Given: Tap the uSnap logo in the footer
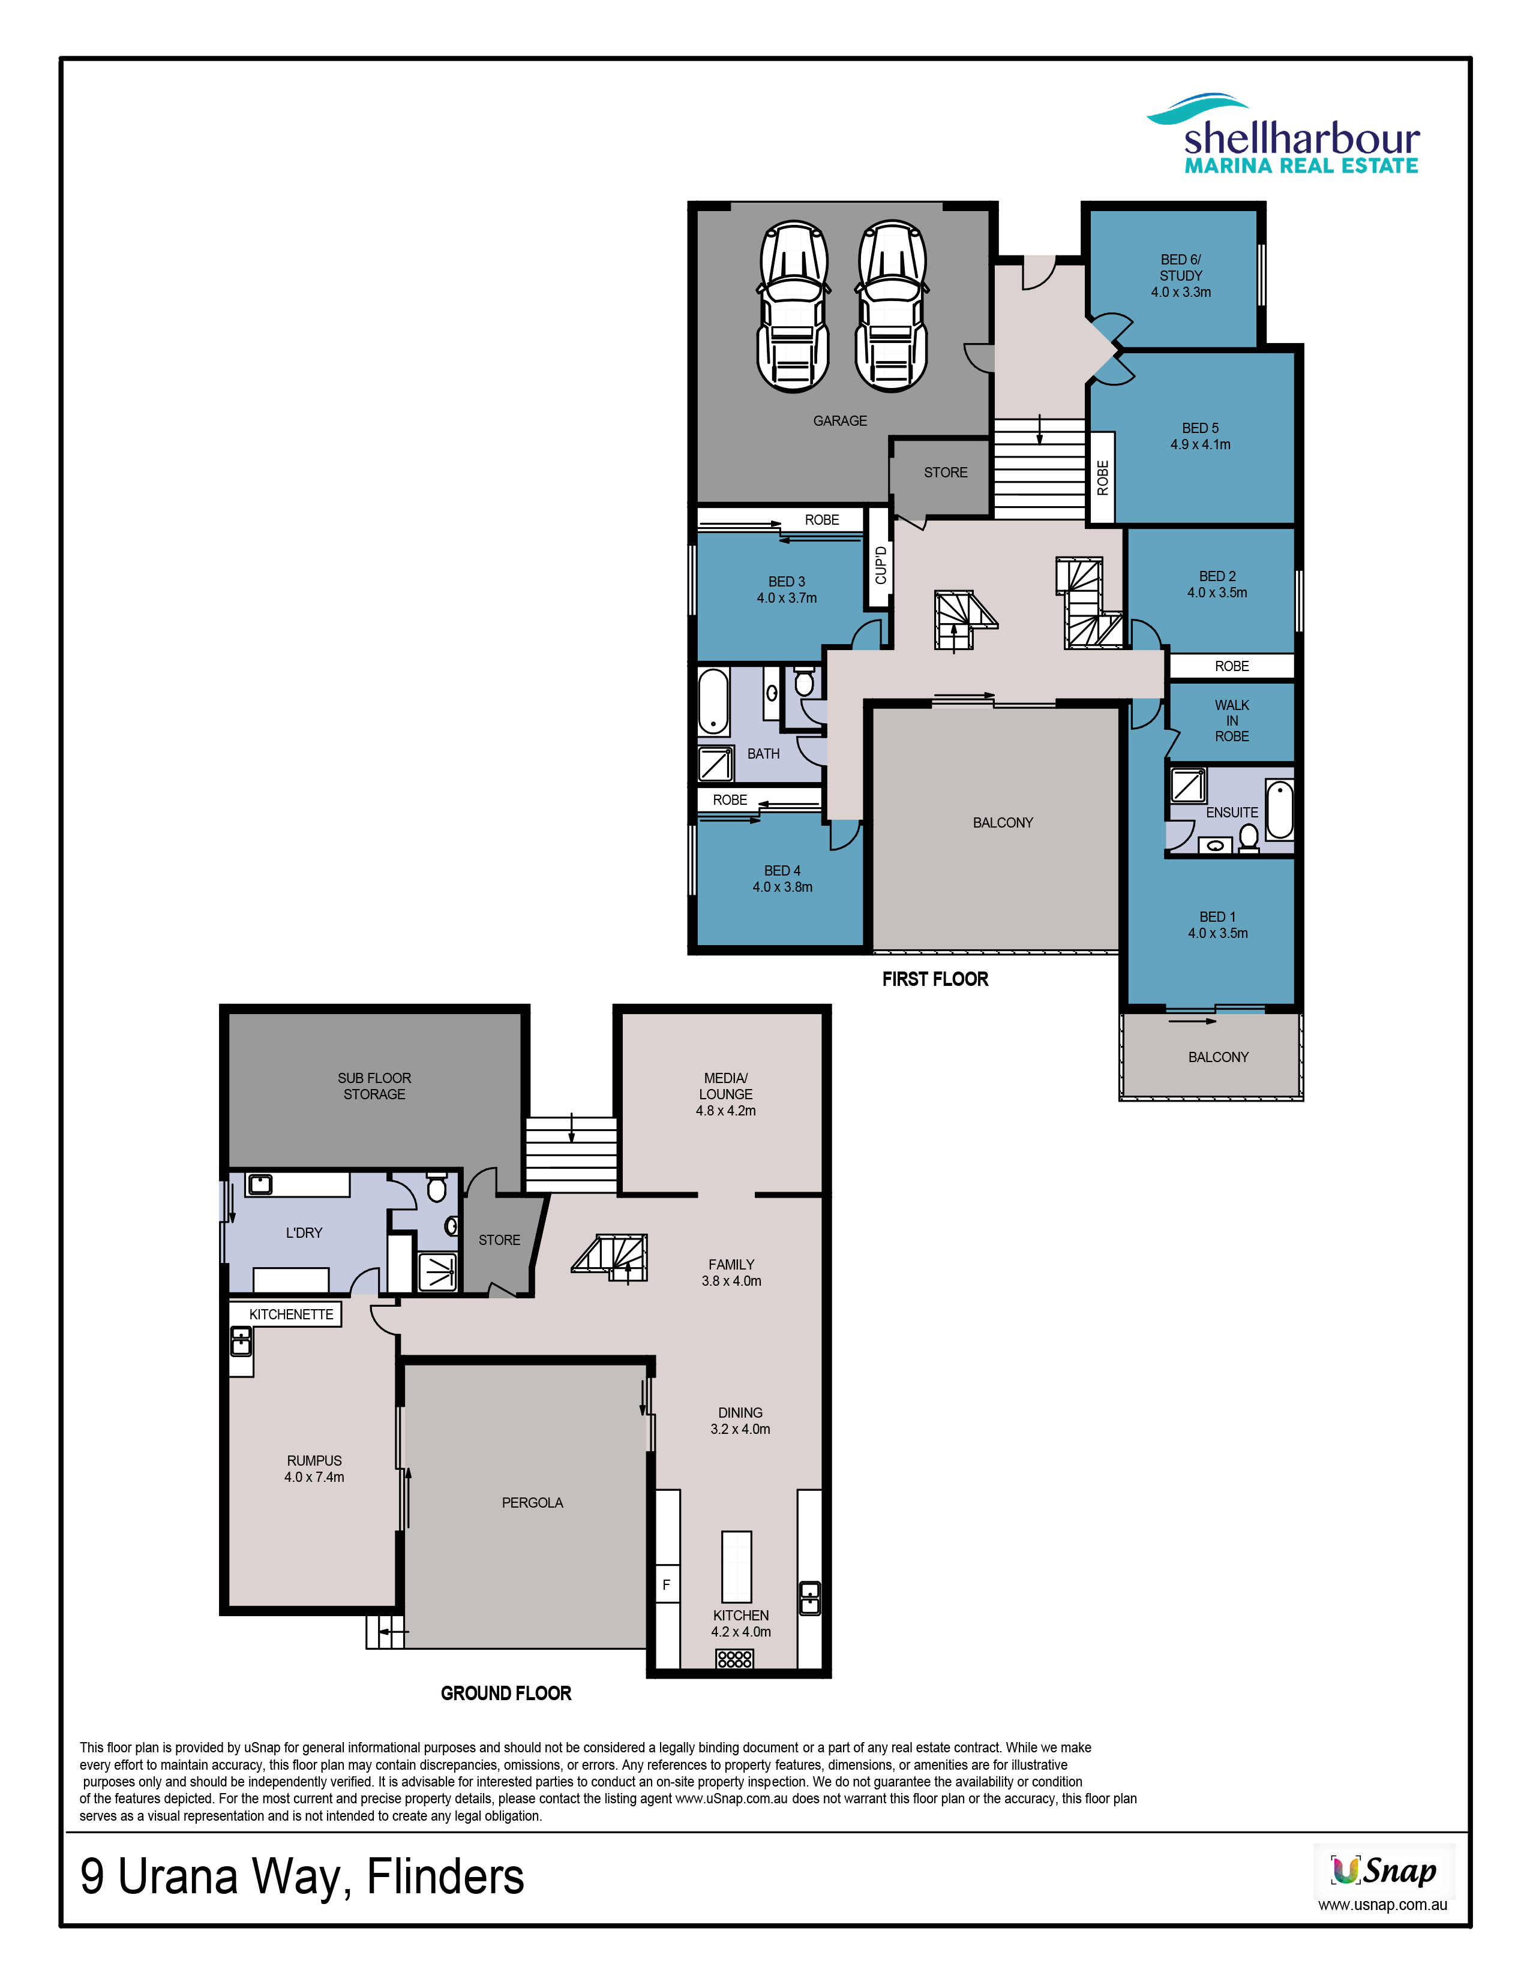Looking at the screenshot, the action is [x=1384, y=1870].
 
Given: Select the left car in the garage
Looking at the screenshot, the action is [x=793, y=306].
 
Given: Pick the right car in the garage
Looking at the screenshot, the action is [x=892, y=306].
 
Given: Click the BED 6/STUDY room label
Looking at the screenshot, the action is [x=1181, y=267].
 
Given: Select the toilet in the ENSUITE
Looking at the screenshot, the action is [x=1249, y=837].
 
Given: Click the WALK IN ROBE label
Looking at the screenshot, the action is [x=1232, y=720].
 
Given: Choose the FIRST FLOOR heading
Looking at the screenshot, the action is [x=935, y=979].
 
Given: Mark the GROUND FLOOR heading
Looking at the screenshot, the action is [x=506, y=1694].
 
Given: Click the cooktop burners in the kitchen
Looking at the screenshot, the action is [x=734, y=1658].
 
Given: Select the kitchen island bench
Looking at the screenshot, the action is [x=737, y=1566].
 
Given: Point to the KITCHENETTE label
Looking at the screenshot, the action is [x=291, y=1314].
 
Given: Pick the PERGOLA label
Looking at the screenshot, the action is [x=532, y=1502].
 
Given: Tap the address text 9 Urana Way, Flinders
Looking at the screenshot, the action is [x=302, y=1876].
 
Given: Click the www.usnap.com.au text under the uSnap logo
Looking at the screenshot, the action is [x=1382, y=1905].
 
